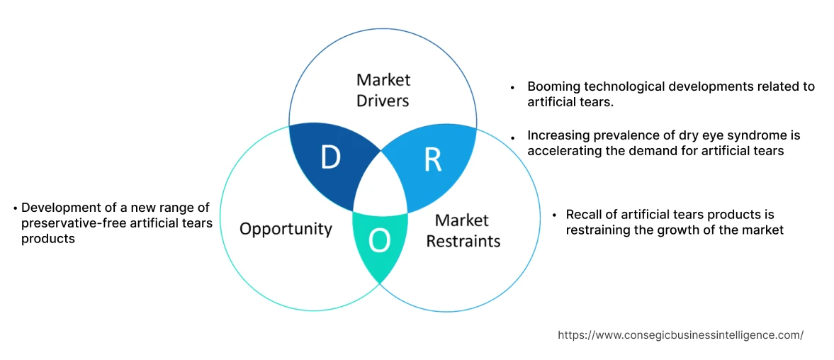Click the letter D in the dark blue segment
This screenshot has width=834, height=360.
[329, 157]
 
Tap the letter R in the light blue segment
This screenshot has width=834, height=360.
[432, 160]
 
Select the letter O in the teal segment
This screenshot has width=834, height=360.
[380, 242]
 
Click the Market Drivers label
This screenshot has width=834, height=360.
[383, 90]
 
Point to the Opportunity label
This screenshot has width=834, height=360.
[286, 228]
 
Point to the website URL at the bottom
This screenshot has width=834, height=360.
[681, 335]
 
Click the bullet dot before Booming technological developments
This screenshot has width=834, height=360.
[512, 87]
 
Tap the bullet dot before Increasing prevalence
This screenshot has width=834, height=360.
[512, 136]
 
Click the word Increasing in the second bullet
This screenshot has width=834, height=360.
[556, 135]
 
